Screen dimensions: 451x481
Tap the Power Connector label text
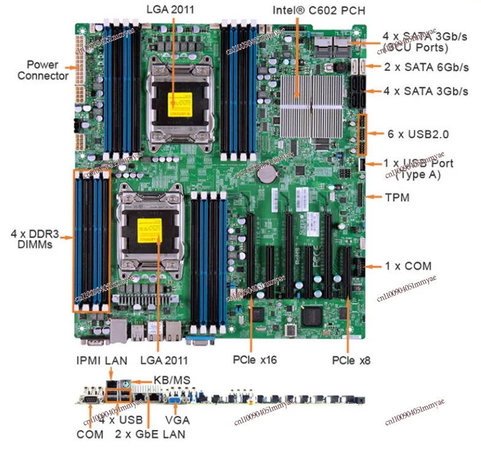pos(43,70)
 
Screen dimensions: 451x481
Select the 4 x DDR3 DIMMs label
pos(34,238)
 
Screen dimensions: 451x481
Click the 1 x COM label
pos(408,266)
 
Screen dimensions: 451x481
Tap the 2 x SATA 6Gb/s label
pos(426,67)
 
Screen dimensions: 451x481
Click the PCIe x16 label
pos(254,359)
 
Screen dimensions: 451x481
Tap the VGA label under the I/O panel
pos(177,420)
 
